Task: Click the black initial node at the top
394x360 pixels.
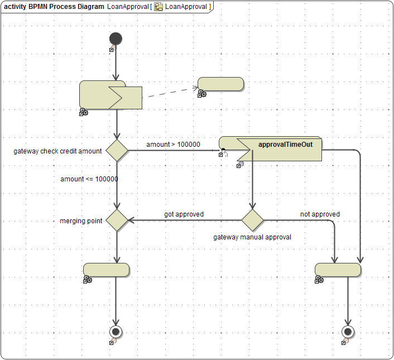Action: pyautogui.click(x=116, y=39)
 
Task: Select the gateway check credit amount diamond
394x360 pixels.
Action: pyautogui.click(x=117, y=150)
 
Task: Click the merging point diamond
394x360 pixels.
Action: pyautogui.click(x=117, y=220)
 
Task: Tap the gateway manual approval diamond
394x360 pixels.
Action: pyautogui.click(x=252, y=220)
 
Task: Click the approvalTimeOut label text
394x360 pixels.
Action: pyautogui.click(x=289, y=144)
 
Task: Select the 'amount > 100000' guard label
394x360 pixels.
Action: pyautogui.click(x=173, y=145)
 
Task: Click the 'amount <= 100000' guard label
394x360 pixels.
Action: pyautogui.click(x=89, y=179)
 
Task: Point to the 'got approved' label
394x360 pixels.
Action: pyautogui.click(x=184, y=214)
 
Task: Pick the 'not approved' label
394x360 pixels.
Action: pyautogui.click(x=320, y=214)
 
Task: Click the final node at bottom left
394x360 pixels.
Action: pyautogui.click(x=116, y=332)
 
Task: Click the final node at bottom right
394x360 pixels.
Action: pyautogui.click(x=348, y=332)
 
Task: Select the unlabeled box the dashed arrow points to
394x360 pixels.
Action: pyautogui.click(x=221, y=84)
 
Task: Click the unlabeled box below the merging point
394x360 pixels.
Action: pyautogui.click(x=107, y=270)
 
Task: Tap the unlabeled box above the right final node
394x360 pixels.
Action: pyautogui.click(x=338, y=270)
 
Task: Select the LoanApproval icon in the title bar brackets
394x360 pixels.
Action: pyautogui.click(x=158, y=7)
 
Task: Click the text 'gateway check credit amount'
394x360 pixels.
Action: pyautogui.click(x=57, y=151)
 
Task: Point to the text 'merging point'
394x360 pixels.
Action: pyautogui.click(x=81, y=221)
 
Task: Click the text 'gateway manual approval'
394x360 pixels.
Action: pyautogui.click(x=252, y=237)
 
